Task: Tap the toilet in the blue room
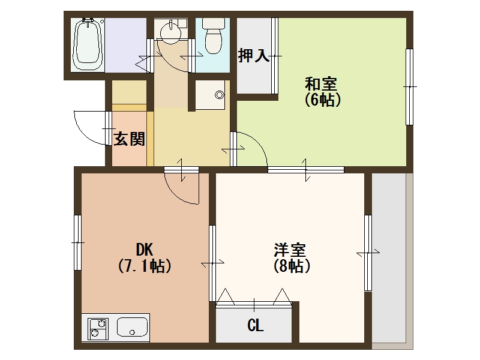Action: point(212,36)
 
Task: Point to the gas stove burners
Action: point(97,328)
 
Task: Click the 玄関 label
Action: point(129,139)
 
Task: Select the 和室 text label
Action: point(322,83)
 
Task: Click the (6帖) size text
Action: point(322,100)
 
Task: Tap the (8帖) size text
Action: point(291,266)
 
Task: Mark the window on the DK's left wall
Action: point(77,242)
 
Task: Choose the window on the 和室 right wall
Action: point(409,87)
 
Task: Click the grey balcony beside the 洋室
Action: point(389,258)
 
